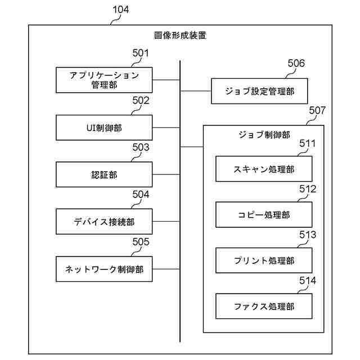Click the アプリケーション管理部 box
point(104,79)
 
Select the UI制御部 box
point(104,127)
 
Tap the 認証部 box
point(104,174)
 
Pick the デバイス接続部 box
point(104,222)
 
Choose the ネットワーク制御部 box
point(104,269)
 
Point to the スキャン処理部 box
point(264,169)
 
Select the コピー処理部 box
point(264,215)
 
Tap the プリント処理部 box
point(264,260)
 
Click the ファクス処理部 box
point(264,307)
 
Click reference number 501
point(141,54)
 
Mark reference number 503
point(141,148)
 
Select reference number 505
point(141,242)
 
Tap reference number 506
point(296,63)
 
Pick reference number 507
point(317,111)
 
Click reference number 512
point(308,189)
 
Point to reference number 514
point(308,280)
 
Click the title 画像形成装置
point(180,35)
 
